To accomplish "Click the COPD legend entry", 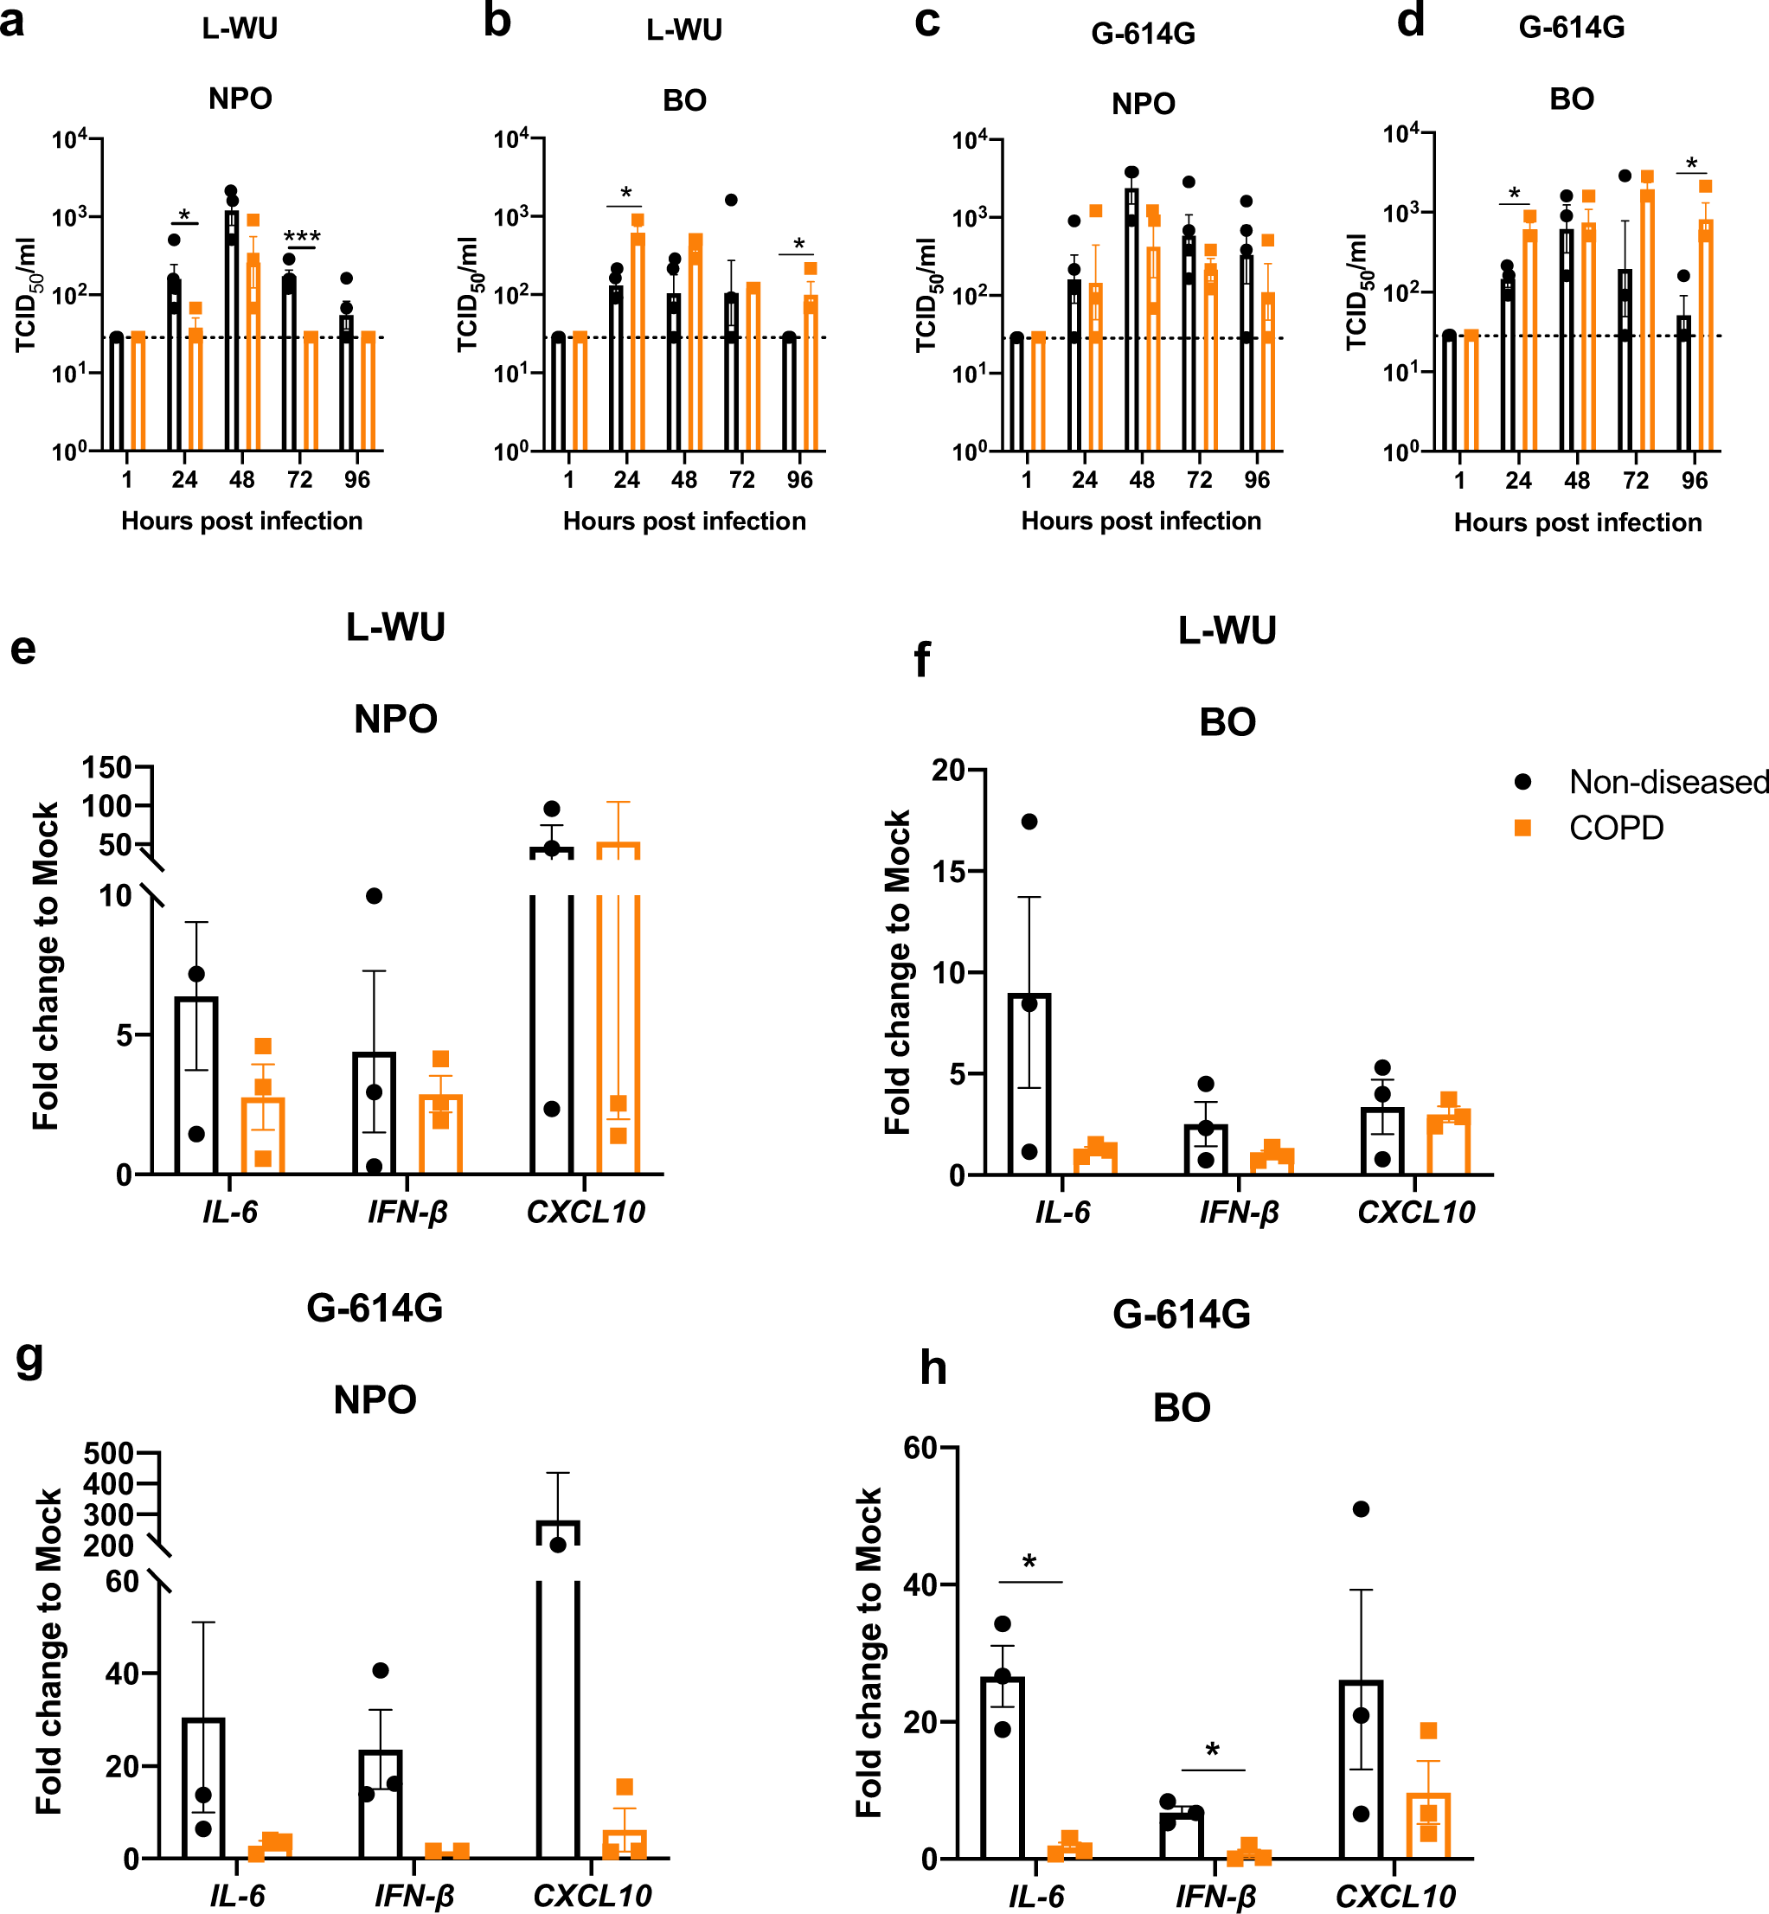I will point(1616,828).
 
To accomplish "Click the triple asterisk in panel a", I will point(302,236).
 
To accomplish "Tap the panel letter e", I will point(23,648).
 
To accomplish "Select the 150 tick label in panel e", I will point(106,767).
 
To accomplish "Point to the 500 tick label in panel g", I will point(108,1454).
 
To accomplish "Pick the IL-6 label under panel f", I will point(1061,1213).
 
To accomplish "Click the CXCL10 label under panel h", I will point(1394,1896).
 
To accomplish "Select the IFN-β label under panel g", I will point(413,1896).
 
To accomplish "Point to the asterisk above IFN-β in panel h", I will point(1212,1751).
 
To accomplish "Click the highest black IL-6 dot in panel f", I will point(1029,821).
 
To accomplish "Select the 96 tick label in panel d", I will point(1695,480).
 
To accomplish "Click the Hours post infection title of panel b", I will point(683,522).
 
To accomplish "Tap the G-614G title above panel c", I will point(1143,35).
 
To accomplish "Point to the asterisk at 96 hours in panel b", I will point(799,244).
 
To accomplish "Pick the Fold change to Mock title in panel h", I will point(869,1653).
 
